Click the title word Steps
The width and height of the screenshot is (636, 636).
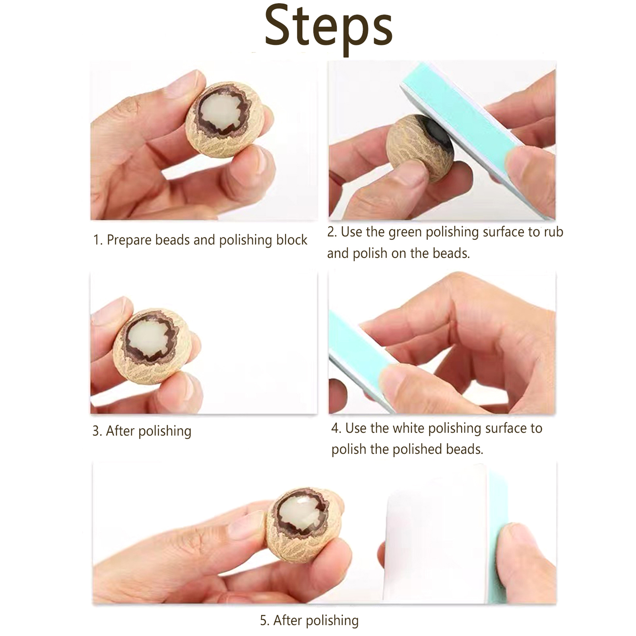329,28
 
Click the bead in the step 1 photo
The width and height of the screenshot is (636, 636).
225,119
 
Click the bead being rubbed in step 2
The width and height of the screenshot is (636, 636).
421,148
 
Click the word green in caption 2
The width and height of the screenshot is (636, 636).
405,233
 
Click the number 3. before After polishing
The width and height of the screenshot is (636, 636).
97,431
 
